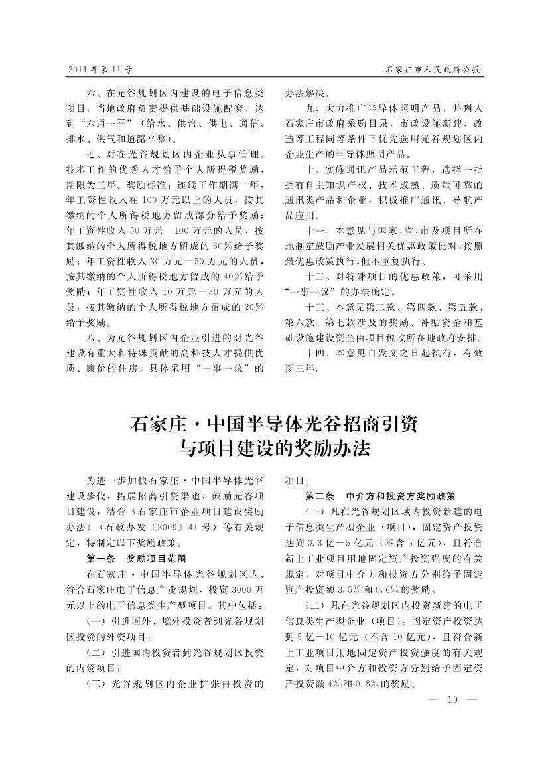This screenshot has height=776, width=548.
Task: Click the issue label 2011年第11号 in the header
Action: pos(100,68)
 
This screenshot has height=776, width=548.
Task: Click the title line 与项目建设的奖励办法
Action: pos(274,449)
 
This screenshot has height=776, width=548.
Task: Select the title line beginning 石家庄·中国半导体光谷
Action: pos(274,423)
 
